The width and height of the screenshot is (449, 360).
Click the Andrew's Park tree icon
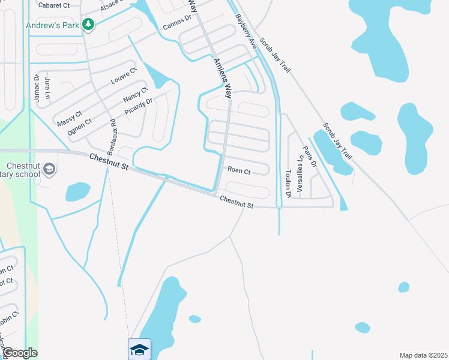89,24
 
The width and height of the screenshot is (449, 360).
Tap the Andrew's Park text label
53,25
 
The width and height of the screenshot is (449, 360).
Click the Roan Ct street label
239,171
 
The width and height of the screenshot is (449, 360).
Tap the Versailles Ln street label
299,173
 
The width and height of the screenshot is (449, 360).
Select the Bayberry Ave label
246,32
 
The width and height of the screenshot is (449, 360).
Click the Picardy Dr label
139,106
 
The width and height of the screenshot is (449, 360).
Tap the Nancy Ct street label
135,95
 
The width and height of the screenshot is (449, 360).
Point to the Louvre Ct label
124,77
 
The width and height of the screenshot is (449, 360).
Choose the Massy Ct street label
70,118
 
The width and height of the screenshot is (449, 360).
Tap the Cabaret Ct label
54,5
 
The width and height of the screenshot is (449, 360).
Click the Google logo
20,353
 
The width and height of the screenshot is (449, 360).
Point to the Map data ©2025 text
423,355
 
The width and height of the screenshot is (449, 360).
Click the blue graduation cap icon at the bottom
139,349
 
